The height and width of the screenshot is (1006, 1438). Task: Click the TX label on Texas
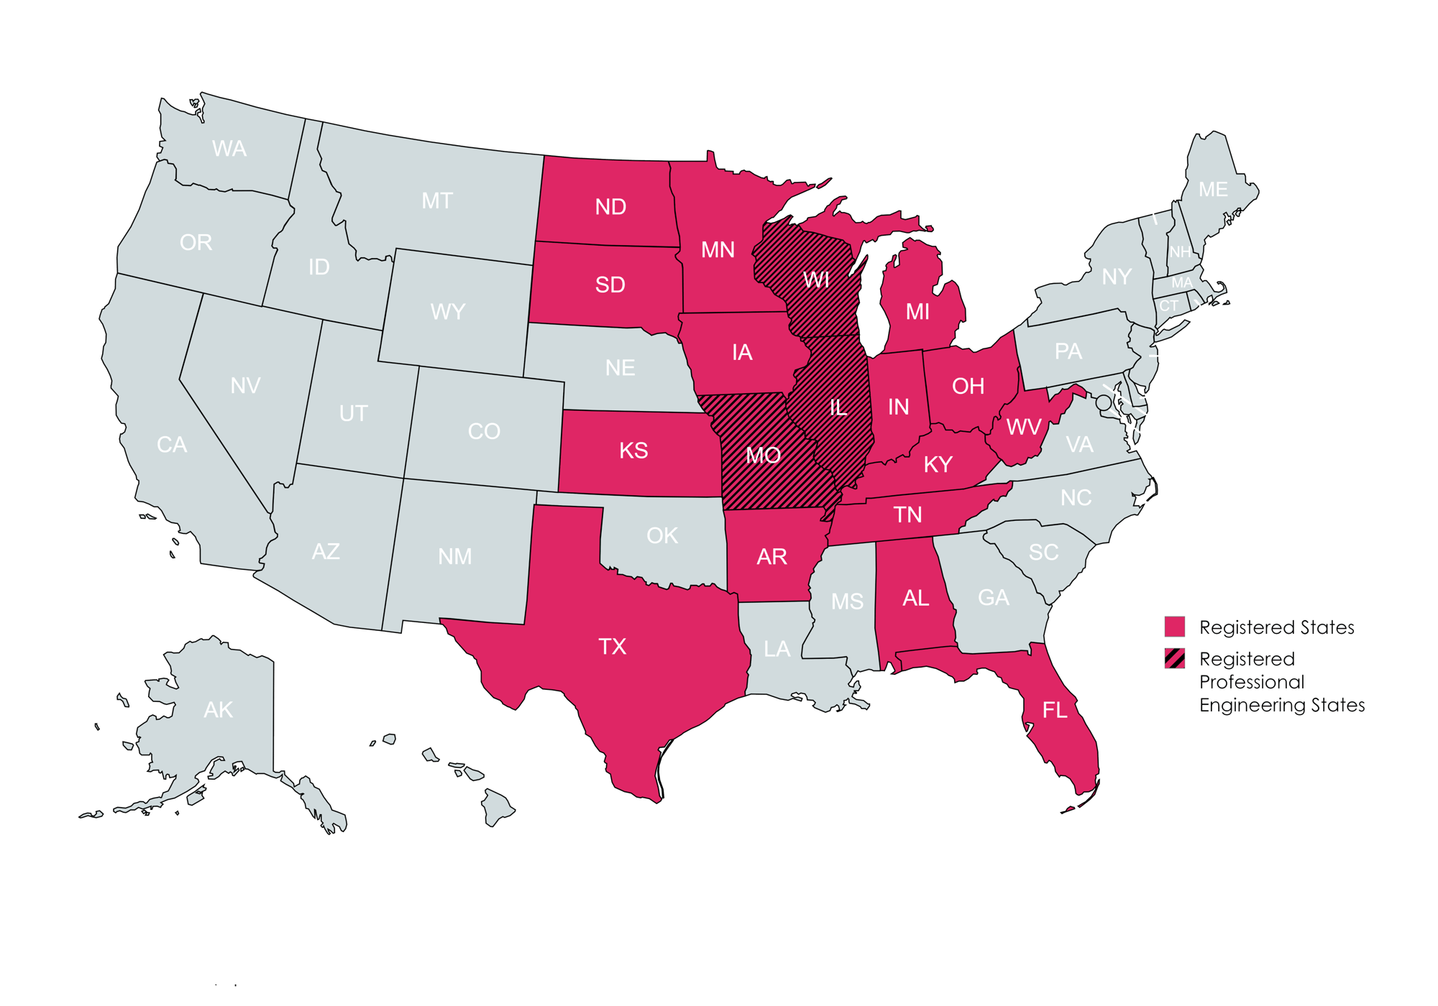coord(613,647)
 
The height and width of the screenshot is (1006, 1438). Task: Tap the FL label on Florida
coord(1055,711)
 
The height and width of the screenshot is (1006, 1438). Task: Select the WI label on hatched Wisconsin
coord(816,280)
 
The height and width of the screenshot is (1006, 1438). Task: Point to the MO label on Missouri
coord(763,455)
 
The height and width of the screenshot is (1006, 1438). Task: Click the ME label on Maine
coord(1213,190)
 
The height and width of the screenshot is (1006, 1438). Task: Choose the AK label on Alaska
coord(218,710)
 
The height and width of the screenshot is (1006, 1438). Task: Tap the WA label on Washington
coord(229,149)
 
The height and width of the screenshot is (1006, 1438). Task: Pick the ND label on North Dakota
coord(610,207)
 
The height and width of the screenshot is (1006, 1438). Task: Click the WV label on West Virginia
coord(1024,428)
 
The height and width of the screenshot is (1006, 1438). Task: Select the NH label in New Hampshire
coord(1180,252)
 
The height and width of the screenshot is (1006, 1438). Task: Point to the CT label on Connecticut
coord(1168,306)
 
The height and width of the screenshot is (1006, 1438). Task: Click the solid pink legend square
coord(1174,627)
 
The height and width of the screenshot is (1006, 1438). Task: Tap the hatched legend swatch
coord(1174,658)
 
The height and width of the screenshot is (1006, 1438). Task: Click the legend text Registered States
coord(1277,628)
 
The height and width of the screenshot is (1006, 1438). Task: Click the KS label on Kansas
coord(633,451)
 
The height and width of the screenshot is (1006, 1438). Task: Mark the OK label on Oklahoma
coord(662,535)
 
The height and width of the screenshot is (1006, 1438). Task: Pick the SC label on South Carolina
coord(1043,552)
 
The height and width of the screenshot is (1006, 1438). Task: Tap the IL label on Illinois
coord(838,408)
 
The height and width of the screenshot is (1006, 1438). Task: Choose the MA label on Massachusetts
coord(1182,283)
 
